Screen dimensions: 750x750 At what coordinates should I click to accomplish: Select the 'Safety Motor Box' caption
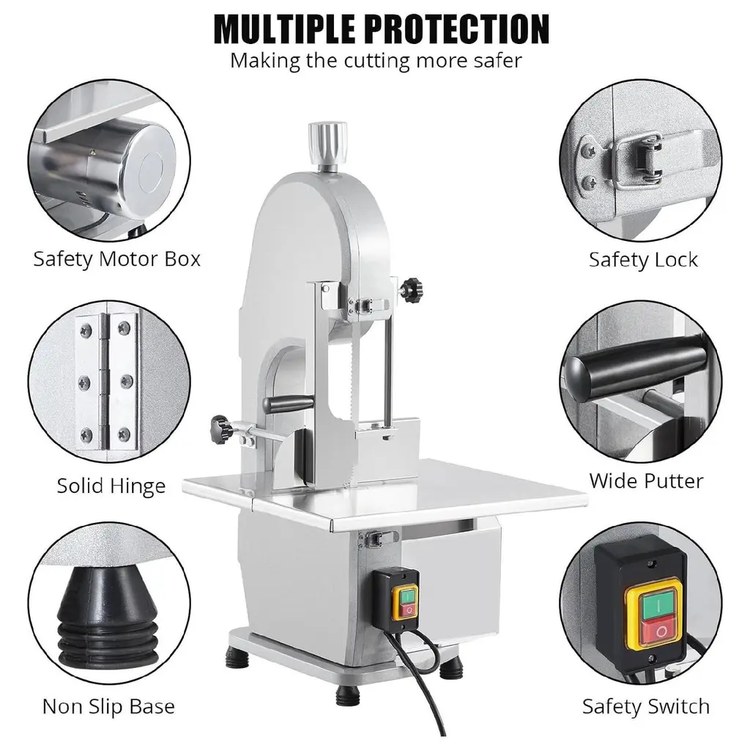(x=116, y=259)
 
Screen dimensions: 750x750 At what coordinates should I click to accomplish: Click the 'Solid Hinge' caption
(x=111, y=486)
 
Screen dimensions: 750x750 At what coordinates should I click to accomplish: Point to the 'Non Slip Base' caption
(x=108, y=707)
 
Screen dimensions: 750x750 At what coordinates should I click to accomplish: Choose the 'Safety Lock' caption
(x=643, y=260)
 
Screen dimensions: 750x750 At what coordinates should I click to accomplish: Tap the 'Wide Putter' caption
(x=646, y=480)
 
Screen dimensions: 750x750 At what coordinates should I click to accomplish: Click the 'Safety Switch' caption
(x=646, y=707)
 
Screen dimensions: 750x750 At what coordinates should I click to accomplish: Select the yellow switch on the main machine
(x=404, y=603)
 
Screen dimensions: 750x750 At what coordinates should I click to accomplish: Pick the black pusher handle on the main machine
(x=290, y=405)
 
